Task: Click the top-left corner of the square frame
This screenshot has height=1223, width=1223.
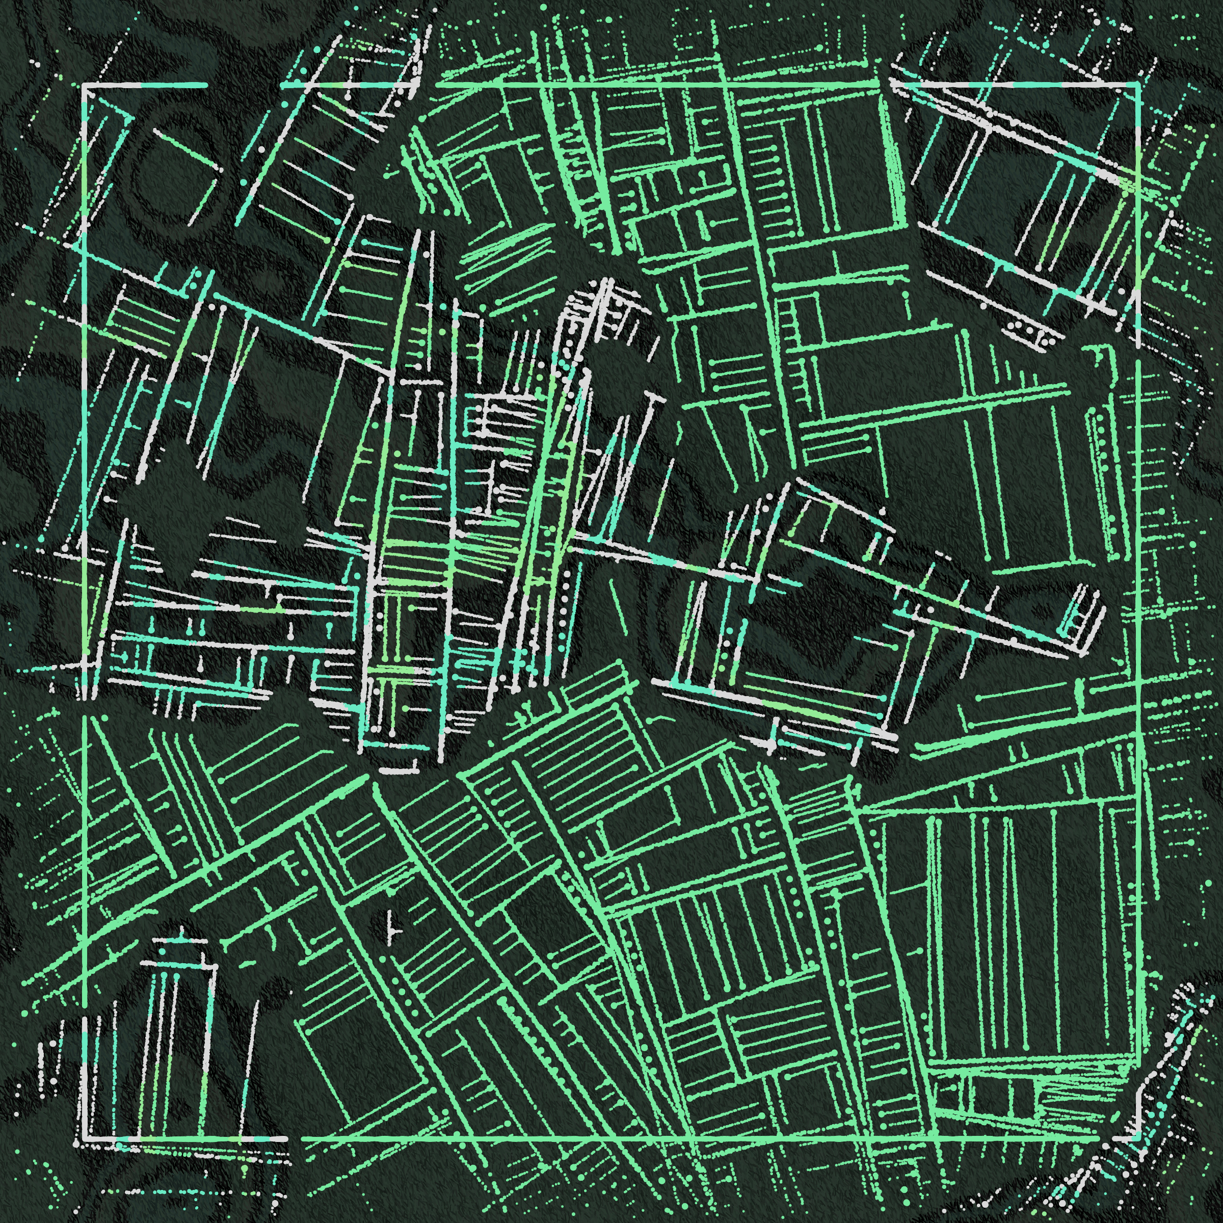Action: [x=84, y=84]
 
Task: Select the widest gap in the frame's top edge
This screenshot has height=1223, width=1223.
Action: [x=244, y=84]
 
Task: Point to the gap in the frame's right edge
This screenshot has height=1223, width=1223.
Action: [x=1138, y=353]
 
